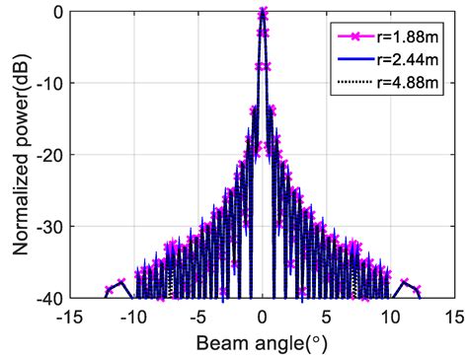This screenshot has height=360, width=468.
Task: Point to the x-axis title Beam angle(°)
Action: [262, 344]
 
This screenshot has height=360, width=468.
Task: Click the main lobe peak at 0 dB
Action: [263, 13]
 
